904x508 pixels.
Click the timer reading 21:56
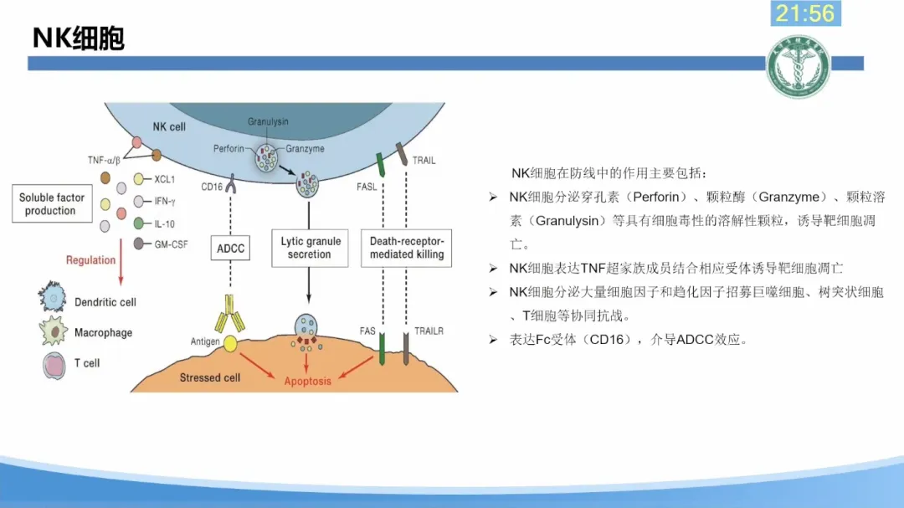pos(804,13)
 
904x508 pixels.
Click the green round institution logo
pos(798,67)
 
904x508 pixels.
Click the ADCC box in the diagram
pos(230,249)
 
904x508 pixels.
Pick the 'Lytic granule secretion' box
pos(310,248)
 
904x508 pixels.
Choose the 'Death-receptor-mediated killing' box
pos(407,248)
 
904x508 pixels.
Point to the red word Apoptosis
pos(308,382)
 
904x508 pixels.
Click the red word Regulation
pos(90,260)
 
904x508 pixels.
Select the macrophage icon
pos(54,331)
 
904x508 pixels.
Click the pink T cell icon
pos(54,364)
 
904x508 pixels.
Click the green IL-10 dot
pos(139,223)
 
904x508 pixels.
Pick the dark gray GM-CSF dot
pos(139,244)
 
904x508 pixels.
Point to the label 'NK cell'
pos(169,127)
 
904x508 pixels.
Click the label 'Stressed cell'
pos(209,377)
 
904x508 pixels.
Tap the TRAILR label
pos(429,331)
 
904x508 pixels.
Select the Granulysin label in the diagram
pos(268,121)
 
